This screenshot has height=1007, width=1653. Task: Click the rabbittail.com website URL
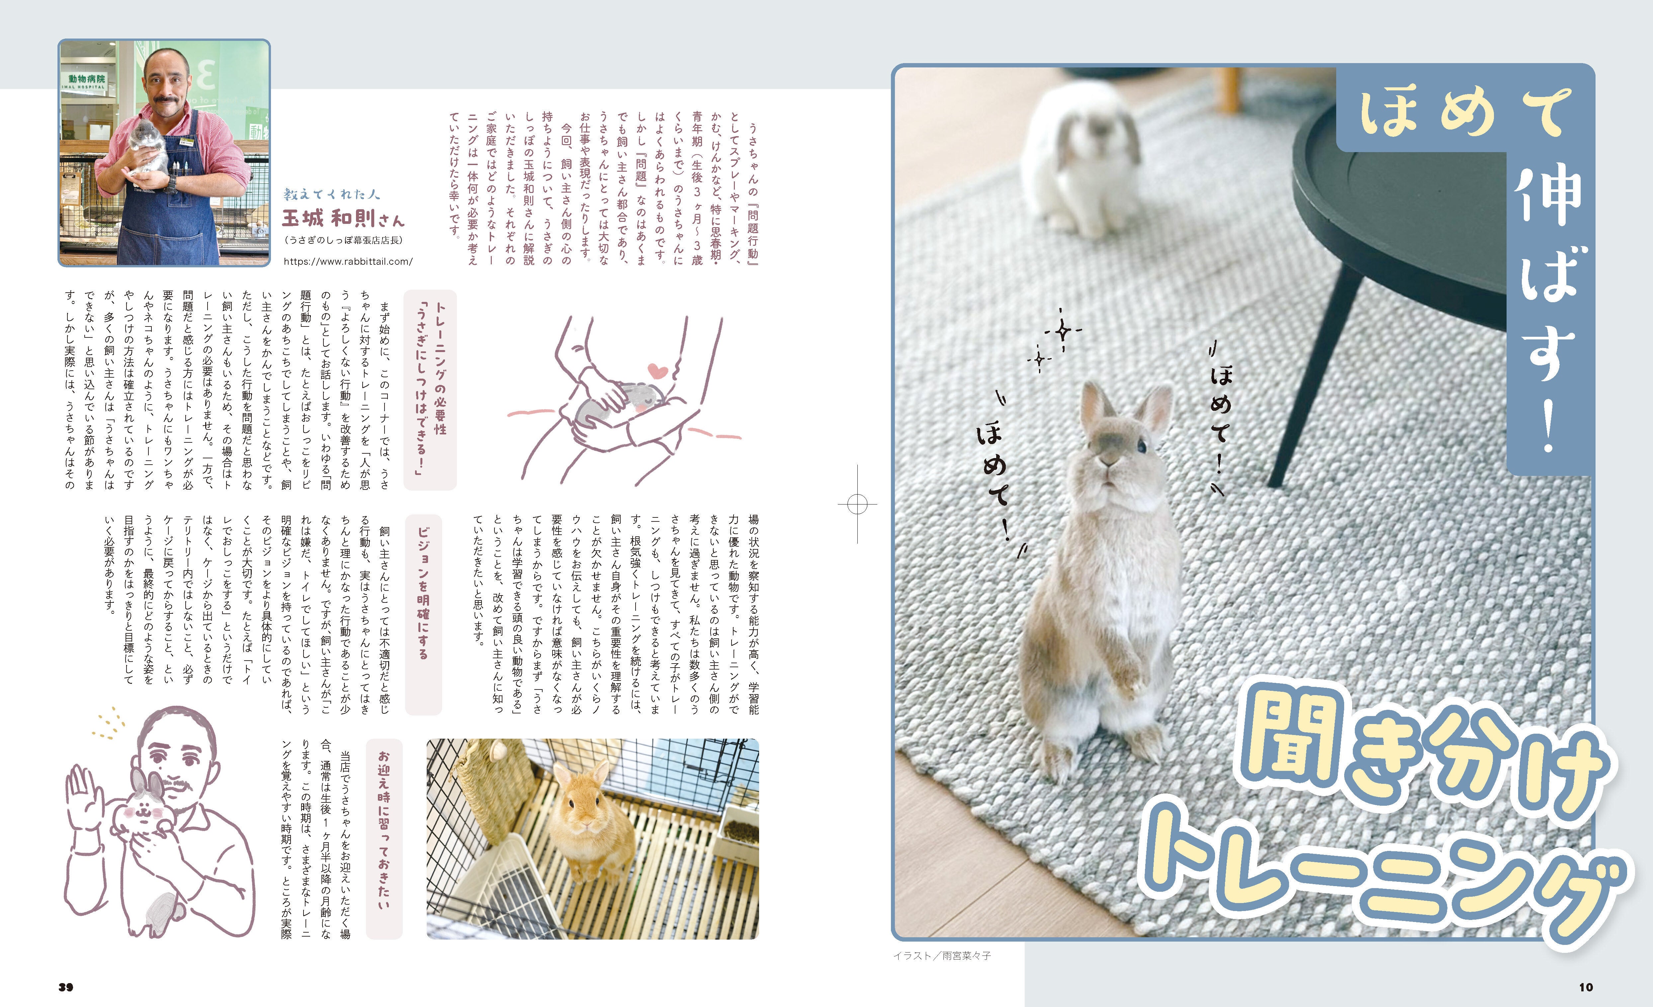[x=348, y=262]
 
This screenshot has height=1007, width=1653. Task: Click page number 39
[x=66, y=987]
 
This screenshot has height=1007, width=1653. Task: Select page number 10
[x=1585, y=987]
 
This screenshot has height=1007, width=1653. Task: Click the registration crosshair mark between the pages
[x=857, y=503]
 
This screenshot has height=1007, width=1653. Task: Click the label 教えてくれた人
[x=331, y=195]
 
